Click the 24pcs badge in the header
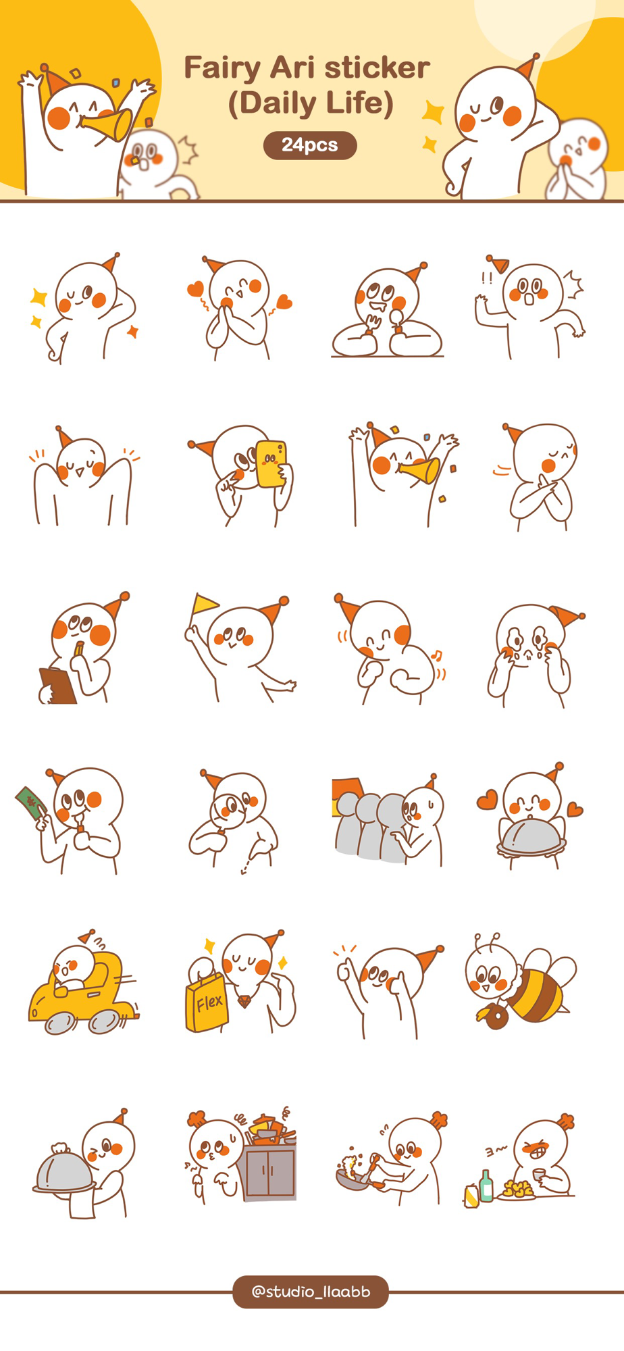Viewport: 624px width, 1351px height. (310, 145)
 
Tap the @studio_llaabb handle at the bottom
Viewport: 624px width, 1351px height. (311, 1292)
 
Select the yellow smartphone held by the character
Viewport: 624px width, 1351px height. (271, 463)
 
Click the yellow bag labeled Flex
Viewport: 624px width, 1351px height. (207, 1002)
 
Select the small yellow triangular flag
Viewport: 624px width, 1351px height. (205, 603)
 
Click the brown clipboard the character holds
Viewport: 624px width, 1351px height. (57, 686)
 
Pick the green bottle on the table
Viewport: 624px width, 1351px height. (486, 1186)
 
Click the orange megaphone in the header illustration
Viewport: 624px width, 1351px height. (107, 124)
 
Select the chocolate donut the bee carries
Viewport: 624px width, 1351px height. (497, 1016)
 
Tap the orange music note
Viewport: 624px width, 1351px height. (436, 655)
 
